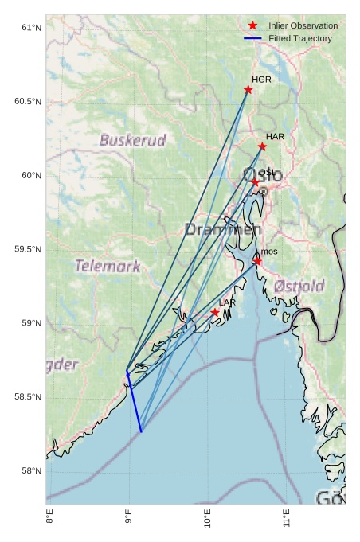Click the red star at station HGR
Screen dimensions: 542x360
coord(248,89)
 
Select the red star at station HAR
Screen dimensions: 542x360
coord(262,146)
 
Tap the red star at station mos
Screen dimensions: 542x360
coord(257,261)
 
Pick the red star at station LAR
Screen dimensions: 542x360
coord(215,313)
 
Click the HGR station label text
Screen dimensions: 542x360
coord(261,80)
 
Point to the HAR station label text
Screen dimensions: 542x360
coord(275,137)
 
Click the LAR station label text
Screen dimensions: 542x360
coord(227,303)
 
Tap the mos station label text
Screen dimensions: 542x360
coord(269,252)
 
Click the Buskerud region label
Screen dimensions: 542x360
coord(132,141)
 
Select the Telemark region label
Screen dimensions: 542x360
coord(108,266)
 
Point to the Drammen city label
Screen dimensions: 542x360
coord(223,229)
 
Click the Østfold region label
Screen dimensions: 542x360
coord(299,286)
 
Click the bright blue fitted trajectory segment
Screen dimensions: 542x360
coord(134,403)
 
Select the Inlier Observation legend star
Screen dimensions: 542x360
coord(252,25)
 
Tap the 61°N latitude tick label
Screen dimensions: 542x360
coord(31,28)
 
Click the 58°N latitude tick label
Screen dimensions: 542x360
coord(31,471)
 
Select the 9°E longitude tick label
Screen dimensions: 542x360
coord(128,521)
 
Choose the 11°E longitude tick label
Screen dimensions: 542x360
coord(286,521)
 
